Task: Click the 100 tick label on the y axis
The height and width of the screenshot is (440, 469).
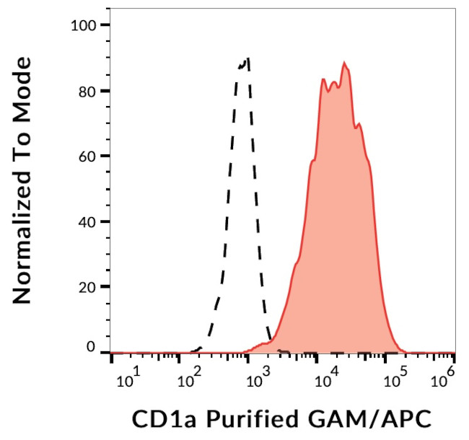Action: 84,26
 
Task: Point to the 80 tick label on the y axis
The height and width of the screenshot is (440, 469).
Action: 88,91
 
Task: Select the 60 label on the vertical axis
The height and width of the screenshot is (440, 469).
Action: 88,156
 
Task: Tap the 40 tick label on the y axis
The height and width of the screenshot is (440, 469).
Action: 88,221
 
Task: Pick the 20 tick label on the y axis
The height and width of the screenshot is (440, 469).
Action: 88,286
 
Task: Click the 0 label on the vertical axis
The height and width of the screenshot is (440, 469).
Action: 92,348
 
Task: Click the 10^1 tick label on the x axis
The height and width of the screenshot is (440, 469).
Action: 128,379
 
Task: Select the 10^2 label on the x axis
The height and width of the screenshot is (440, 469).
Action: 190,379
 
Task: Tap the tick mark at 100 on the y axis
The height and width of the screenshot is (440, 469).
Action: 105,25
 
